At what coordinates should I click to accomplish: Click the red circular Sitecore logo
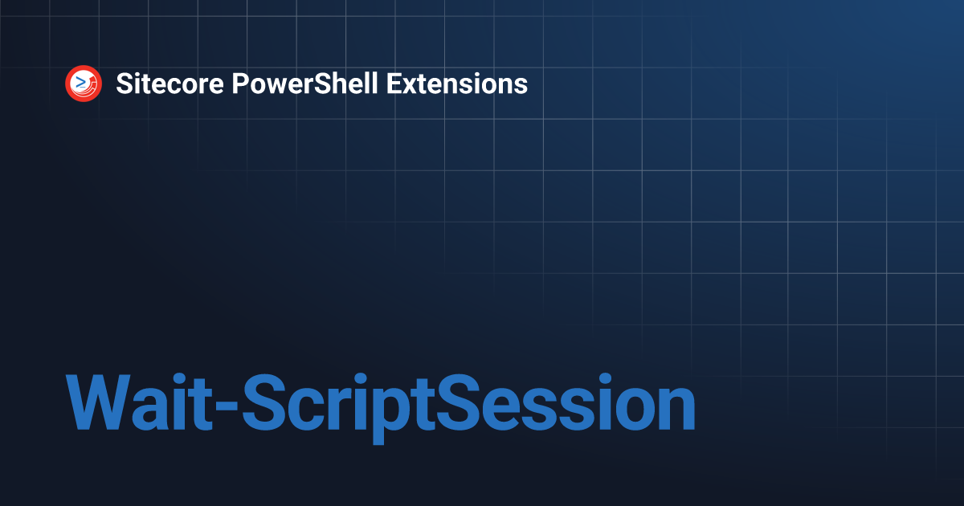pyautogui.click(x=84, y=84)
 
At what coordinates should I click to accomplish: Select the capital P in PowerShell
pyautogui.click(x=239, y=84)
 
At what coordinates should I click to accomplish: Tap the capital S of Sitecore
pyautogui.click(x=124, y=84)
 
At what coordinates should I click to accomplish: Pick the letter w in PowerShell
pyautogui.click(x=273, y=85)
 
